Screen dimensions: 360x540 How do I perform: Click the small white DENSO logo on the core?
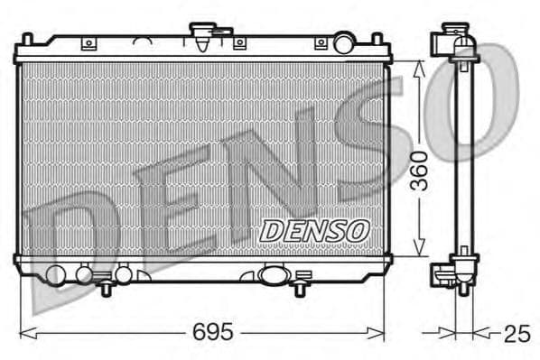313,231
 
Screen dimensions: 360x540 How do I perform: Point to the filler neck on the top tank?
200,35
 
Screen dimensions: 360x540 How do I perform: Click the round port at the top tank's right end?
343,42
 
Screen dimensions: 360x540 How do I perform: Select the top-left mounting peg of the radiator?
26,39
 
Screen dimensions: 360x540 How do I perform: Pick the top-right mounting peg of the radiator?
380,39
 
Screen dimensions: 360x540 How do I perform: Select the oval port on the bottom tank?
273,274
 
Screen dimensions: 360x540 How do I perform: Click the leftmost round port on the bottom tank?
55,274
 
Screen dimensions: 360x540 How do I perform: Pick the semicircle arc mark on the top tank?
142,41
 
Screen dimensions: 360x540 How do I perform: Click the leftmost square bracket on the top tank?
88,42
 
